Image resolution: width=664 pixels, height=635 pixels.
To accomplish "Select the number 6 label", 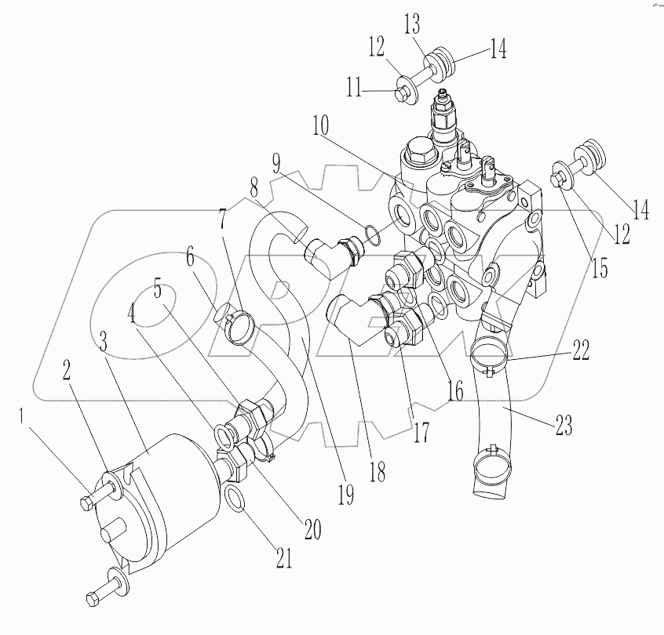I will (x=191, y=257).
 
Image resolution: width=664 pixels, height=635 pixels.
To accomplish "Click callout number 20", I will (x=312, y=530).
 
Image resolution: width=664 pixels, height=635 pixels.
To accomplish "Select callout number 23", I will (x=564, y=427).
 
